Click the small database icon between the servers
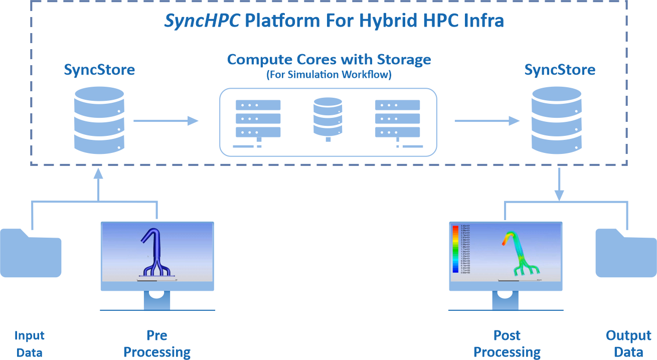[x=328, y=117]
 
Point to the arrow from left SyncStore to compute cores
[x=166, y=120]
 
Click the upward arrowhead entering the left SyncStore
[x=98, y=173]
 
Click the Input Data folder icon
[x=31, y=253]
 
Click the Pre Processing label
[x=157, y=343]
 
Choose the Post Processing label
[x=507, y=343]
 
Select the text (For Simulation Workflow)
[x=328, y=75]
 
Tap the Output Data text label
[x=628, y=343]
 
